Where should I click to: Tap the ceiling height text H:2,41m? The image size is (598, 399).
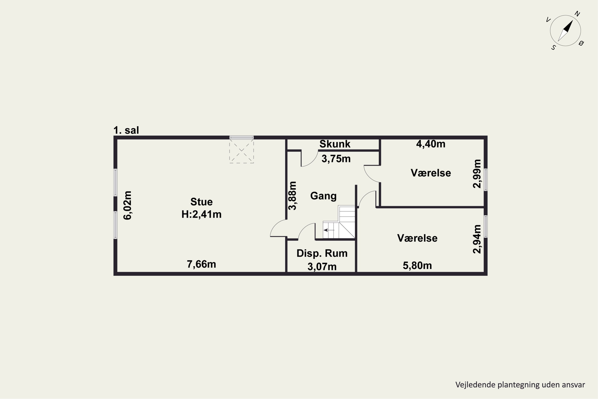(201, 214)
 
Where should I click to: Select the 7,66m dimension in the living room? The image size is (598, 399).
(201, 264)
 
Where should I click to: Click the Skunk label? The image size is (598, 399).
(335, 144)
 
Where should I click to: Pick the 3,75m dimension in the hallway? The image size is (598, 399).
(336, 159)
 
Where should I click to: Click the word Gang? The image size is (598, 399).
(323, 196)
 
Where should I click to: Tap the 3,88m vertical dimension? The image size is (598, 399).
(292, 196)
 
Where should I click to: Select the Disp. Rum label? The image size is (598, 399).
(322, 253)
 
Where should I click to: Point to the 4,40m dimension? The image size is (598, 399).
(431, 144)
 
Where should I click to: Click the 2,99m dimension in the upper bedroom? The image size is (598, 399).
(477, 174)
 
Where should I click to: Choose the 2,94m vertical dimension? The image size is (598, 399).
(477, 239)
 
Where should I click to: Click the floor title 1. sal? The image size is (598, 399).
(126, 130)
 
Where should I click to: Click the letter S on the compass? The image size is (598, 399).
(554, 48)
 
